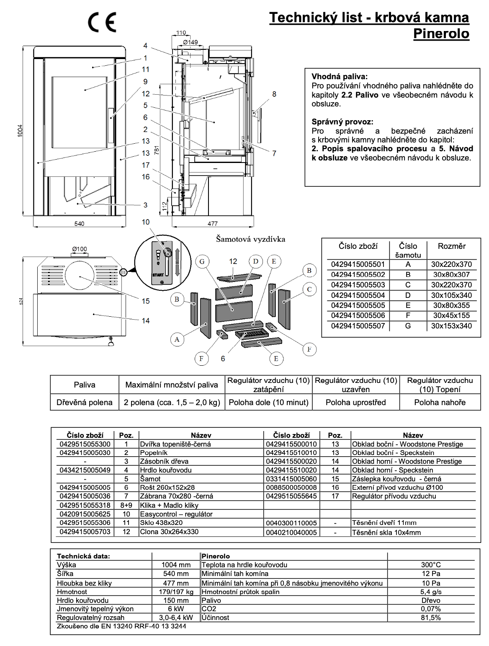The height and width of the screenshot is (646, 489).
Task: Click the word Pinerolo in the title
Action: [441, 34]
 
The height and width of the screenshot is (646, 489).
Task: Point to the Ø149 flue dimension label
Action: [190, 42]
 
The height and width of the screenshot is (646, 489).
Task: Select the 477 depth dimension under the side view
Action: [213, 223]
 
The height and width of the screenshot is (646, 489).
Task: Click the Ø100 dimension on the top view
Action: [79, 249]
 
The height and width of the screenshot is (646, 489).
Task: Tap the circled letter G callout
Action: [202, 261]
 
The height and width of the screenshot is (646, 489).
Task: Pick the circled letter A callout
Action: [177, 339]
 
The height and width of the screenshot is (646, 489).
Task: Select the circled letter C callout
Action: [309, 289]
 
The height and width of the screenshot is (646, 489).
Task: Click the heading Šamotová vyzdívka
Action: [250, 239]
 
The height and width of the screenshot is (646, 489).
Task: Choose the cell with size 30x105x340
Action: [451, 295]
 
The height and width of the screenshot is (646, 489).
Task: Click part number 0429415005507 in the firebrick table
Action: [358, 326]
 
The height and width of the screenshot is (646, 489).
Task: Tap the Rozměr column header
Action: [451, 246]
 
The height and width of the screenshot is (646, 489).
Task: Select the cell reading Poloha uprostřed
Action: [356, 402]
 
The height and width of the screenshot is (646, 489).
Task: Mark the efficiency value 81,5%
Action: [431, 618]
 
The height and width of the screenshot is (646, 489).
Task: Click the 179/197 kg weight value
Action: [176, 592]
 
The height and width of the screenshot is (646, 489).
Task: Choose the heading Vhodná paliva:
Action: [340, 77]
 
